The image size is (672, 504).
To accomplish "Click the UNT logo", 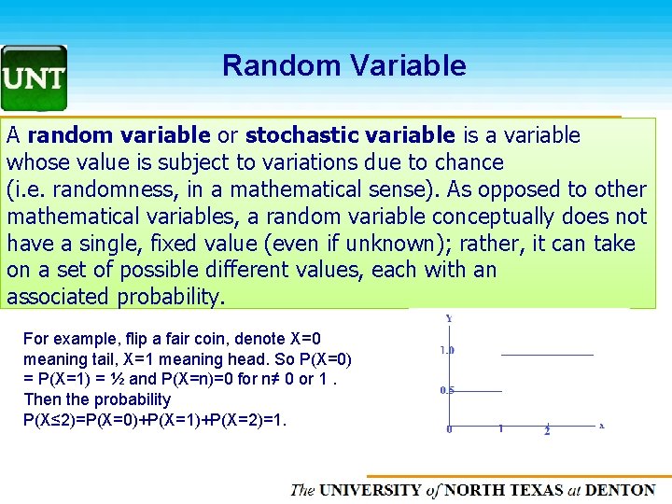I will point(34,78).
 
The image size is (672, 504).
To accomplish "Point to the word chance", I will point(469,162).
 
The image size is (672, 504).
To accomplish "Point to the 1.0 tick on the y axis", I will point(448,350).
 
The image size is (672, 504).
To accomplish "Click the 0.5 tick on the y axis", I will point(448,390).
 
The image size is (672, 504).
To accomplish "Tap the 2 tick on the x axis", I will point(547,430).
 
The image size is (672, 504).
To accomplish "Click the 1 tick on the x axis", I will point(500,429).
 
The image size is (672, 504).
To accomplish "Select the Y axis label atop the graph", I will point(449,318).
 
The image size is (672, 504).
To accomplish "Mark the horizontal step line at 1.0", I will point(547,355).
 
